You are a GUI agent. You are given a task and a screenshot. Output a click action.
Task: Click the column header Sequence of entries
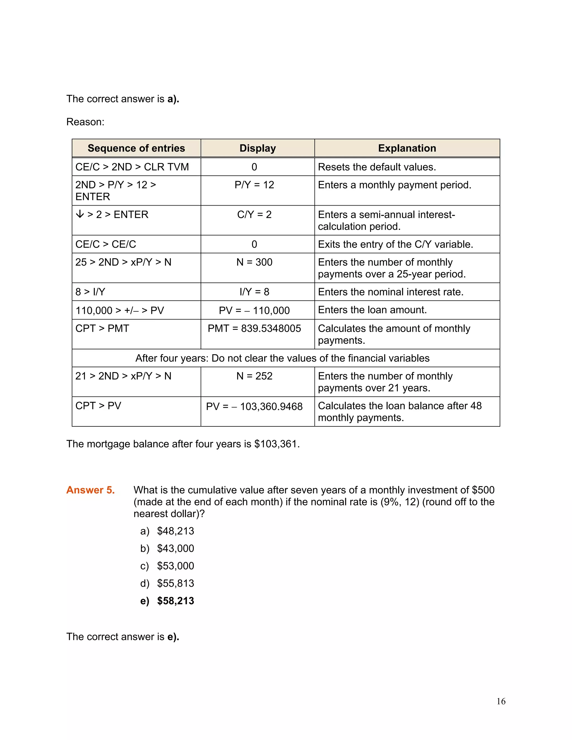(x=136, y=148)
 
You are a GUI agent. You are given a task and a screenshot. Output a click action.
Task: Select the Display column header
(x=258, y=148)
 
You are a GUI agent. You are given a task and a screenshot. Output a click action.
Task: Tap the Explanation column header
(x=407, y=148)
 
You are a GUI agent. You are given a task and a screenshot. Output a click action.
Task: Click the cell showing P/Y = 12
(x=254, y=185)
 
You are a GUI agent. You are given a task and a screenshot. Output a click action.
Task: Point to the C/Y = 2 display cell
(x=254, y=214)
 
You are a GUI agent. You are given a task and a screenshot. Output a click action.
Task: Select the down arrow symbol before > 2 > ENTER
(x=80, y=214)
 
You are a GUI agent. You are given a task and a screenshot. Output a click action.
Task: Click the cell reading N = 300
(x=254, y=262)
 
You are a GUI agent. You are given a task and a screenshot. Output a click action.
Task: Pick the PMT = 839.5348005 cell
(x=254, y=328)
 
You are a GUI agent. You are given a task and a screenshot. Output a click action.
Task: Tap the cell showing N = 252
(x=254, y=376)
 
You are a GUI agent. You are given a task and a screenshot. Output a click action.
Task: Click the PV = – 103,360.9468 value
(x=254, y=406)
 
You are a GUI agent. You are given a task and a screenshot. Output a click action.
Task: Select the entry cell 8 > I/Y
(x=90, y=292)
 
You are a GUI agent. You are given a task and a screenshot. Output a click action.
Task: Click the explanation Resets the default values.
(x=377, y=167)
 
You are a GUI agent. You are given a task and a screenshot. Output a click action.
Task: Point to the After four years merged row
(x=282, y=358)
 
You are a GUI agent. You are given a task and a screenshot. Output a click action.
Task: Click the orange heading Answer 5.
(x=90, y=490)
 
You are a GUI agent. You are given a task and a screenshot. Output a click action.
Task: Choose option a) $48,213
(x=167, y=531)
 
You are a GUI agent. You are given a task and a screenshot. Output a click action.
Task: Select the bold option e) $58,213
(x=167, y=601)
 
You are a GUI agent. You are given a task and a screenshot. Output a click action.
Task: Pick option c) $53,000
(x=167, y=566)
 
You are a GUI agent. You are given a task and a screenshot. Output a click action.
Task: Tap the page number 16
(x=501, y=701)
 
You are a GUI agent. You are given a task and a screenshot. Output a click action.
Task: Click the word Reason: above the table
(x=85, y=122)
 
